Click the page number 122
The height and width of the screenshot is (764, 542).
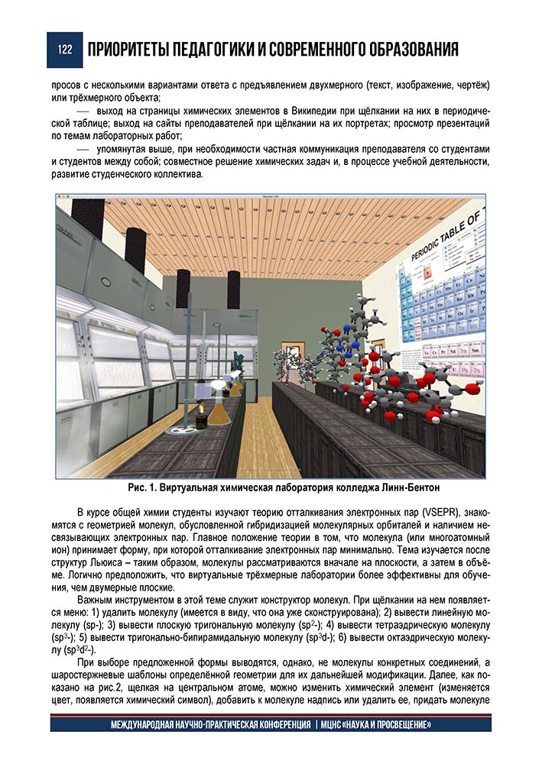[x=63, y=50]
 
